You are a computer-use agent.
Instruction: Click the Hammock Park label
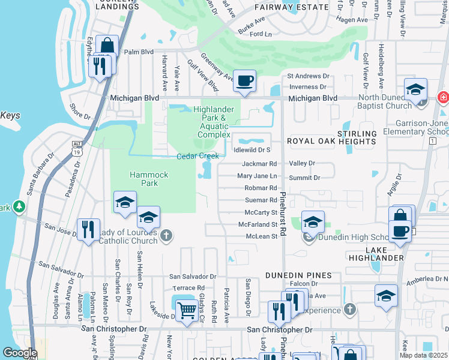pyautogui.click(x=145, y=178)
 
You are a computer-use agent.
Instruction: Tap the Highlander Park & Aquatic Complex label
pyautogui.click(x=214, y=122)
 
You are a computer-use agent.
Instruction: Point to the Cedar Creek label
pyautogui.click(x=196, y=156)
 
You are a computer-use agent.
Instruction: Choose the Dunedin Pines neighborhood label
pyautogui.click(x=299, y=275)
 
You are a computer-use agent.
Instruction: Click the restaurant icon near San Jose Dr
pyautogui.click(x=88, y=229)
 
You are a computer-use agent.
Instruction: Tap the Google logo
pyautogui.click(x=20, y=352)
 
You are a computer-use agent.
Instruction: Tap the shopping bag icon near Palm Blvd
pyautogui.click(x=107, y=45)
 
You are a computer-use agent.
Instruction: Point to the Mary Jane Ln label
pyautogui.click(x=257, y=176)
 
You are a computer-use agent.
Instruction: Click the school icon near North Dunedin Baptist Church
pyautogui.click(x=415, y=89)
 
